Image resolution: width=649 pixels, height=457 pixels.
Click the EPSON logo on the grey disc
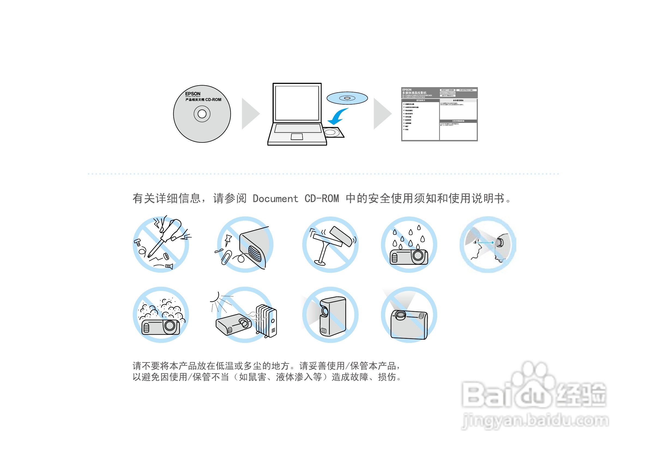pos(192,94)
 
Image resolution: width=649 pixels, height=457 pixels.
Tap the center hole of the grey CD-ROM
pos(202,114)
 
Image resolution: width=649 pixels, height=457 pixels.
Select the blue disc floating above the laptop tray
pos(347,98)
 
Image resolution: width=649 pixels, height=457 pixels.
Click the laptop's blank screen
pos(297,103)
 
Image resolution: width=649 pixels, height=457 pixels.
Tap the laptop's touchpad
pos(297,137)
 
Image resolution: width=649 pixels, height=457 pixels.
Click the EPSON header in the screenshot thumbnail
pos(407,90)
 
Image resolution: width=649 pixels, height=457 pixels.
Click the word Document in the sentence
pos(275,199)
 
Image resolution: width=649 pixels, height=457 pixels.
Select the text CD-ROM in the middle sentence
pos(321,199)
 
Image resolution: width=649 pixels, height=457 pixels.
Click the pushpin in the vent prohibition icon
pos(228,240)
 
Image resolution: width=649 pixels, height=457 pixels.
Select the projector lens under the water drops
pos(418,256)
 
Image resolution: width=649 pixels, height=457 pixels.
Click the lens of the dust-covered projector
pos(170,326)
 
